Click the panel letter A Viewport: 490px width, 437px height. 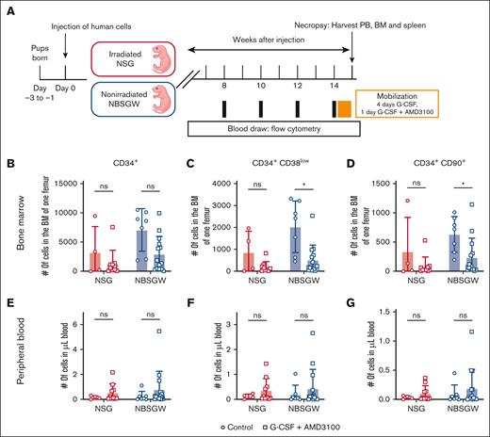[7, 8]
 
